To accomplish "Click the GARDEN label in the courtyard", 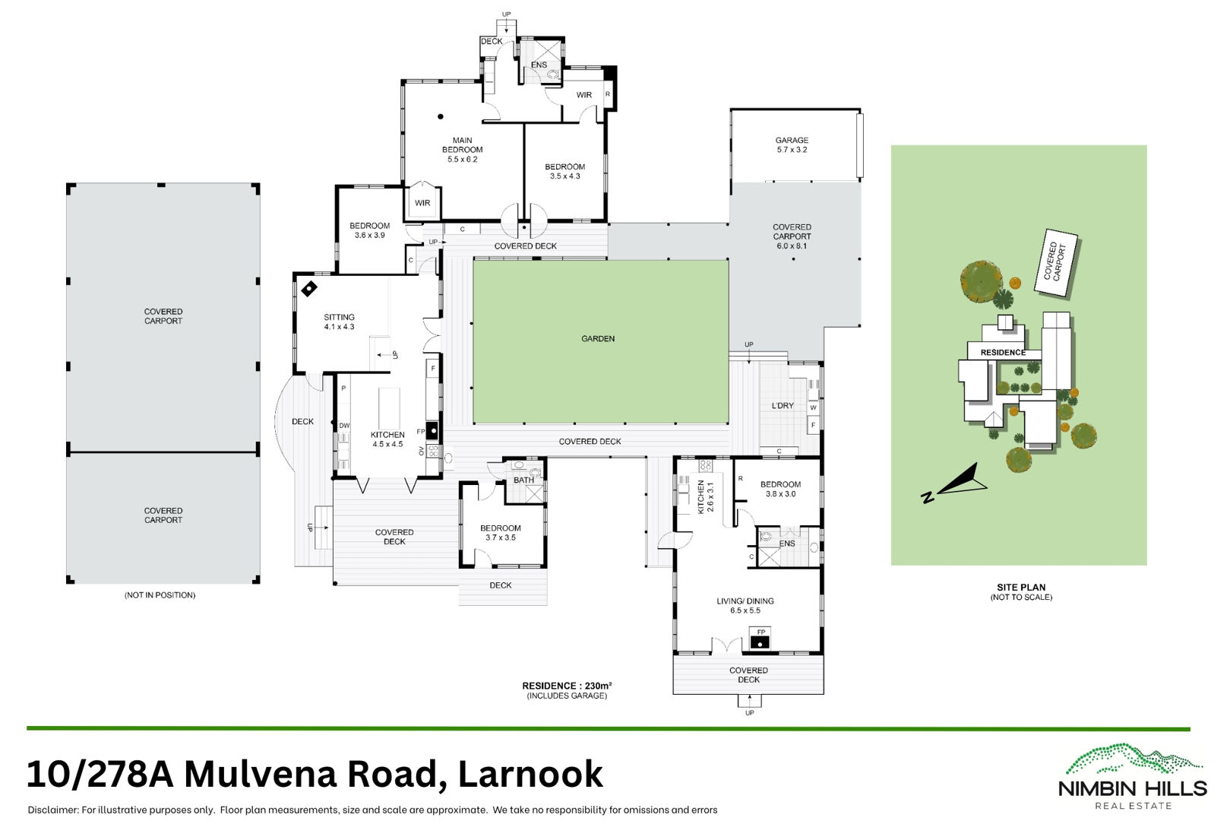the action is click(x=598, y=338).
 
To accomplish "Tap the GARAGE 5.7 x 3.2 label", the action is click(x=792, y=145).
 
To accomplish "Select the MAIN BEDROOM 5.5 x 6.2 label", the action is click(x=463, y=150).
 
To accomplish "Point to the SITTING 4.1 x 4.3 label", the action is click(x=339, y=322).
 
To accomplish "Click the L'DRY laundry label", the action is click(x=783, y=405).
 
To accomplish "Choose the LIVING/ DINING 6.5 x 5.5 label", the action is click(x=745, y=606).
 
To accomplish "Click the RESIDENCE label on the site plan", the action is click(x=1003, y=352).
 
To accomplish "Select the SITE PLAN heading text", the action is click(x=1021, y=588).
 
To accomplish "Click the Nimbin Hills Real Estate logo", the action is click(x=1133, y=776).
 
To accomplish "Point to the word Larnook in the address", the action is click(x=530, y=774).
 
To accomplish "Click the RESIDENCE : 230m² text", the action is click(x=567, y=686).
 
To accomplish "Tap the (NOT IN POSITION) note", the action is click(x=160, y=595).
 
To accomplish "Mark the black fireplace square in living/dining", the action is click(x=760, y=642).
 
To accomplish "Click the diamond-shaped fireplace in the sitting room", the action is click(x=309, y=289).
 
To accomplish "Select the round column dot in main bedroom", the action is click(x=441, y=116).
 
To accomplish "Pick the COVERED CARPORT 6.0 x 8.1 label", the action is click(x=792, y=236).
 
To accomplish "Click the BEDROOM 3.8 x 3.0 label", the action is click(x=780, y=489).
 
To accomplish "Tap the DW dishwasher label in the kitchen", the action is click(x=344, y=426).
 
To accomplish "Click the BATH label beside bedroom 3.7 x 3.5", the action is click(x=524, y=480).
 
